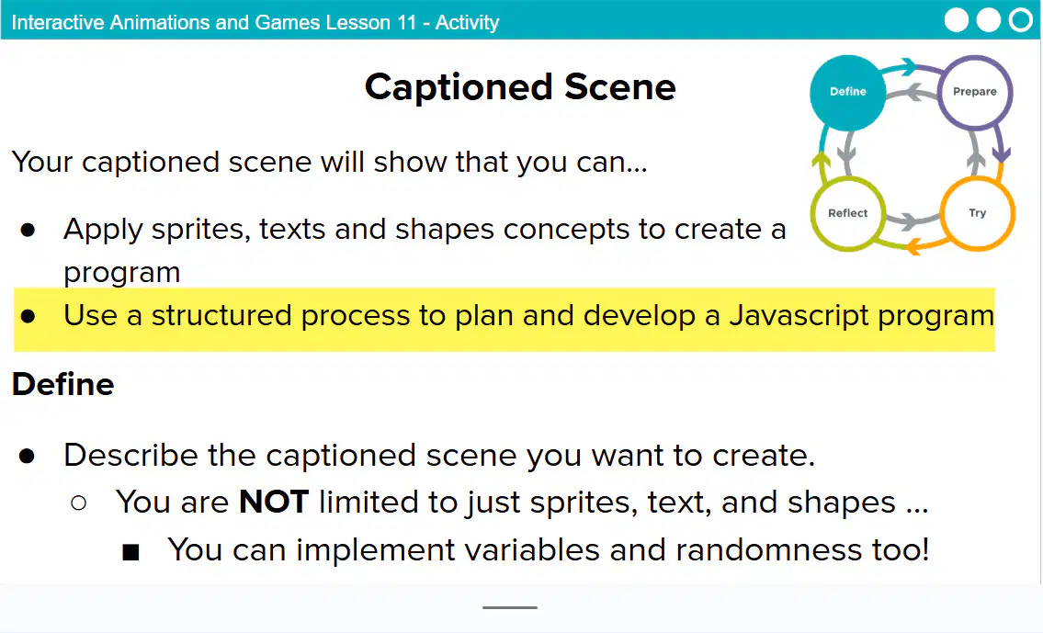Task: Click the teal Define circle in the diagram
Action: point(847,93)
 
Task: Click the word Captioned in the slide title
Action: point(459,88)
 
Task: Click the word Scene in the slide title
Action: point(620,87)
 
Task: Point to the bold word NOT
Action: point(274,502)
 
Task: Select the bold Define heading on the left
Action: point(63,384)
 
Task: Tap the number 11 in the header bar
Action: point(406,23)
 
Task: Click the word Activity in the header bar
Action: point(467,23)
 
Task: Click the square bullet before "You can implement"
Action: point(130,552)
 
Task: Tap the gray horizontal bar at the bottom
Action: point(510,607)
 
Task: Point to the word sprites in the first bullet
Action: point(201,231)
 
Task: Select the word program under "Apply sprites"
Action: point(121,274)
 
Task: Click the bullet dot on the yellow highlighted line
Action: point(28,316)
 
